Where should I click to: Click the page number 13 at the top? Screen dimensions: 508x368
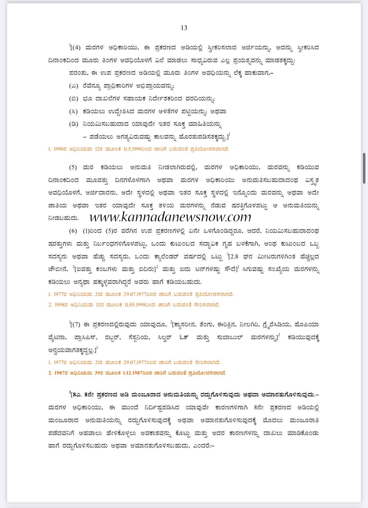[184, 28]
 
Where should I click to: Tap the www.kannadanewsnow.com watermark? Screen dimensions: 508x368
[170, 217]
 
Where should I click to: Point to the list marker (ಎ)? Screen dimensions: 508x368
[73, 86]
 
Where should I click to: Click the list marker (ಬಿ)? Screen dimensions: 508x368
[74, 99]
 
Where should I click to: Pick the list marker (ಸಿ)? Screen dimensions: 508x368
[74, 112]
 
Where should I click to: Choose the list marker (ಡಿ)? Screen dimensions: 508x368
[74, 124]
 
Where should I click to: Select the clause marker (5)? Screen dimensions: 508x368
[73, 167]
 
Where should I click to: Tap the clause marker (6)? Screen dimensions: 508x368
[73, 231]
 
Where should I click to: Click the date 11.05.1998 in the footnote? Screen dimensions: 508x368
[135, 305]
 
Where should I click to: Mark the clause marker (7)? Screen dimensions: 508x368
[77, 325]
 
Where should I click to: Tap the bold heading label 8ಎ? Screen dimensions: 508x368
[78, 395]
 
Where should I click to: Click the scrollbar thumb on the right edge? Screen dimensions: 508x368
[364, 168]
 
